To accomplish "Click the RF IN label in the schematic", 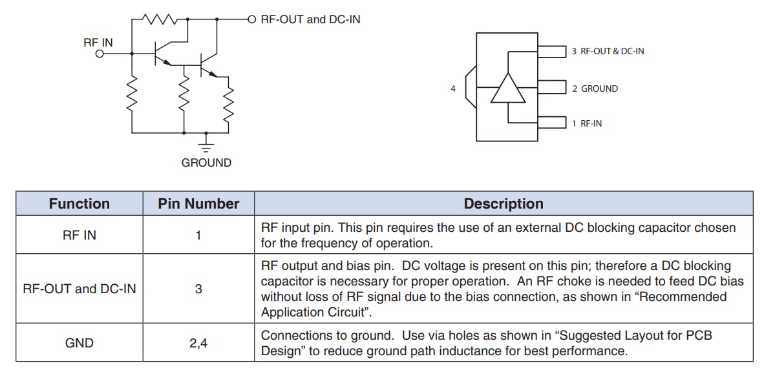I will (98, 43).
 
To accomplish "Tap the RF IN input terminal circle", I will (100, 55).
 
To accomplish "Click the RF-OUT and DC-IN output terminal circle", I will (252, 19).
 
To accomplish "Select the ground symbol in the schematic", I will (207, 140).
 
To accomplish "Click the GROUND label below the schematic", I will (206, 163).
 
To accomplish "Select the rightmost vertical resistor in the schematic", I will (228, 103).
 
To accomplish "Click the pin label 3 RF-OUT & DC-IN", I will (608, 51).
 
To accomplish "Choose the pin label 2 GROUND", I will (595, 88).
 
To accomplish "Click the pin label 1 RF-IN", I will (586, 123).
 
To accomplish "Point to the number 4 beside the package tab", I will (453, 88).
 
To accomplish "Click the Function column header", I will (80, 204).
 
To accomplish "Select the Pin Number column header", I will (198, 204).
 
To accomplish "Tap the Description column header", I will (504, 204).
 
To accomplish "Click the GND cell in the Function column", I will (80, 343).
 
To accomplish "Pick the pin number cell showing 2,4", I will (198, 343).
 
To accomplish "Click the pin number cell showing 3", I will (198, 289).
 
